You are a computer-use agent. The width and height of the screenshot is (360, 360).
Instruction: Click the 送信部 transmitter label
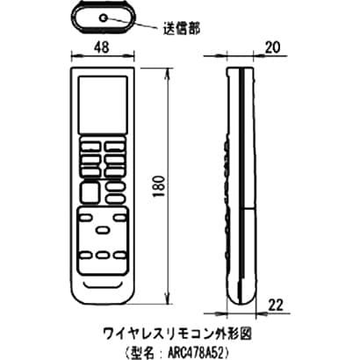tap(182, 29)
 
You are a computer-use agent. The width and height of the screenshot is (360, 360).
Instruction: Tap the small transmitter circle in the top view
tap(103, 18)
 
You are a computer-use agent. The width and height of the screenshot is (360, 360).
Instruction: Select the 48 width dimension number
tap(103, 47)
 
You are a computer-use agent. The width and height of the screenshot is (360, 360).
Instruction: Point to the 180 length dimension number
tap(159, 186)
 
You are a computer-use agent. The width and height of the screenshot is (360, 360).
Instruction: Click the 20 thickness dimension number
tap(272, 47)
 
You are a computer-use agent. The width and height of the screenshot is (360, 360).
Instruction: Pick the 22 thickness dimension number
tap(276, 306)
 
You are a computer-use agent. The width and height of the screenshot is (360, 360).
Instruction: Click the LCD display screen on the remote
tap(103, 104)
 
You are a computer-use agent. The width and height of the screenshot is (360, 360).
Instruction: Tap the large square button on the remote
tap(90, 192)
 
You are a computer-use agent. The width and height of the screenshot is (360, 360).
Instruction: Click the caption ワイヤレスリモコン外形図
tap(177, 335)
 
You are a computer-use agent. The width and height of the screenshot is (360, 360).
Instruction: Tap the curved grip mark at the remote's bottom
tap(103, 284)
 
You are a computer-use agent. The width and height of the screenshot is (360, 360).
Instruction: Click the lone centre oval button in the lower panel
tap(103, 230)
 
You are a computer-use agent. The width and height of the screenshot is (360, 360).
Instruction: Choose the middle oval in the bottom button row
tap(103, 256)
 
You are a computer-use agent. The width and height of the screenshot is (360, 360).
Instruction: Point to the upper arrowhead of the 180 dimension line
tap(168, 73)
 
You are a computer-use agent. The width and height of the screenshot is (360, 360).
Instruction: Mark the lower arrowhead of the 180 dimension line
tap(168, 299)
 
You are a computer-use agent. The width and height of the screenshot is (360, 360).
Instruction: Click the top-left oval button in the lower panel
tap(86, 218)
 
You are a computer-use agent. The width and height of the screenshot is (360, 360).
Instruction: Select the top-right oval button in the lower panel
tap(119, 218)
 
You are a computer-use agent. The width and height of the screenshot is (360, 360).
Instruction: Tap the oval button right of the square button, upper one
tap(115, 186)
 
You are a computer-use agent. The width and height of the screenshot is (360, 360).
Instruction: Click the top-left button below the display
tap(90, 146)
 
